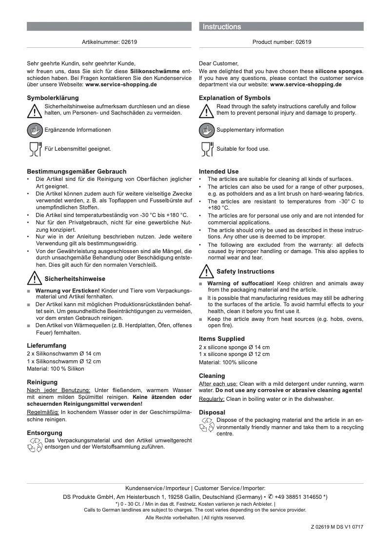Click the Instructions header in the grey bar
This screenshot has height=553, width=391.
222,27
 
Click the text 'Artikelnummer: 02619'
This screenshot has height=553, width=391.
109,42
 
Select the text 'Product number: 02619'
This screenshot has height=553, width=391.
282,42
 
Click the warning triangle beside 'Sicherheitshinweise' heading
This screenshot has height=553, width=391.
34,279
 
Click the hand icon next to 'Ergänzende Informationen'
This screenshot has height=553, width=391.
35,130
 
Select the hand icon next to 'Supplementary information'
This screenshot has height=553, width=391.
207,130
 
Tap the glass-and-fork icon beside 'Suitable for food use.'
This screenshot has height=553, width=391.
207,149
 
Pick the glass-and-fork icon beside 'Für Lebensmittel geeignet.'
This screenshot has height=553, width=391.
35,149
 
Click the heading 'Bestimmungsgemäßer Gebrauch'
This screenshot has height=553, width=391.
77,171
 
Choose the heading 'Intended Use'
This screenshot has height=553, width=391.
219,172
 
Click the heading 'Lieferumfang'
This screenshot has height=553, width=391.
46,345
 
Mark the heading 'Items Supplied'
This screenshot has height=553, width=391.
222,338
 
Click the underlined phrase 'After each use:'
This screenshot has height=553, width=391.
218,384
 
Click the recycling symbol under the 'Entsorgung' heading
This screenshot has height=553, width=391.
35,445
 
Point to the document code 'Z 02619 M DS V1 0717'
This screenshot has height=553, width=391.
337,527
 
